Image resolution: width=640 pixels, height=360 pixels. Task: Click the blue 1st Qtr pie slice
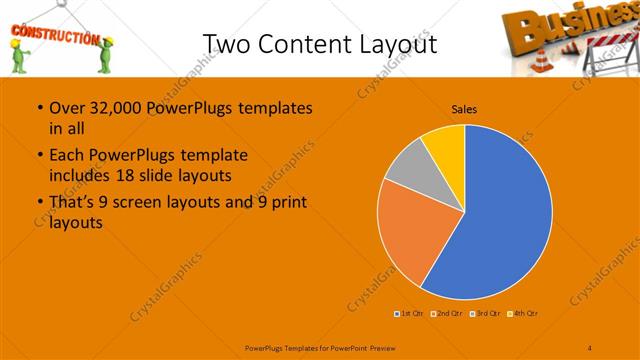tap(500, 220)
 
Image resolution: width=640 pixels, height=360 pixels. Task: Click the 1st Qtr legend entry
tap(411, 314)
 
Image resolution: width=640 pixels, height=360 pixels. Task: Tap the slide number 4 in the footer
tap(590, 347)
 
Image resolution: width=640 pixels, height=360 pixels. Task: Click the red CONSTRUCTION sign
tap(54, 38)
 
